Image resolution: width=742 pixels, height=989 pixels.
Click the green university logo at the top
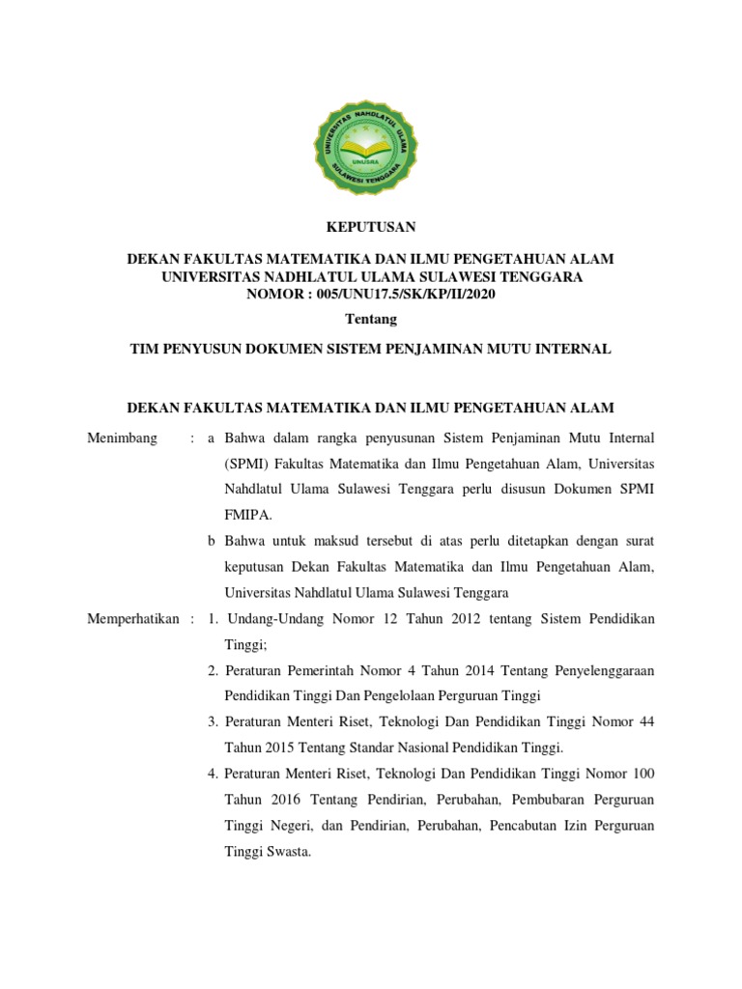click(x=371, y=149)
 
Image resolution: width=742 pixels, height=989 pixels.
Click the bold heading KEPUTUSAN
click(x=371, y=227)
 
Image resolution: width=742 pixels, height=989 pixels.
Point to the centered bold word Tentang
click(x=371, y=319)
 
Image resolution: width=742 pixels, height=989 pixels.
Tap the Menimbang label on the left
click(x=122, y=438)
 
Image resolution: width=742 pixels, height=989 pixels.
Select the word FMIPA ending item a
click(x=245, y=516)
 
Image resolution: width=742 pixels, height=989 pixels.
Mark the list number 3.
click(x=212, y=721)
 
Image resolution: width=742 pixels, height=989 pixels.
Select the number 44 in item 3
click(x=645, y=721)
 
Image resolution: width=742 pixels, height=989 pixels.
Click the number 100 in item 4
click(x=642, y=774)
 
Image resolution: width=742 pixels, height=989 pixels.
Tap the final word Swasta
click(x=287, y=852)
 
